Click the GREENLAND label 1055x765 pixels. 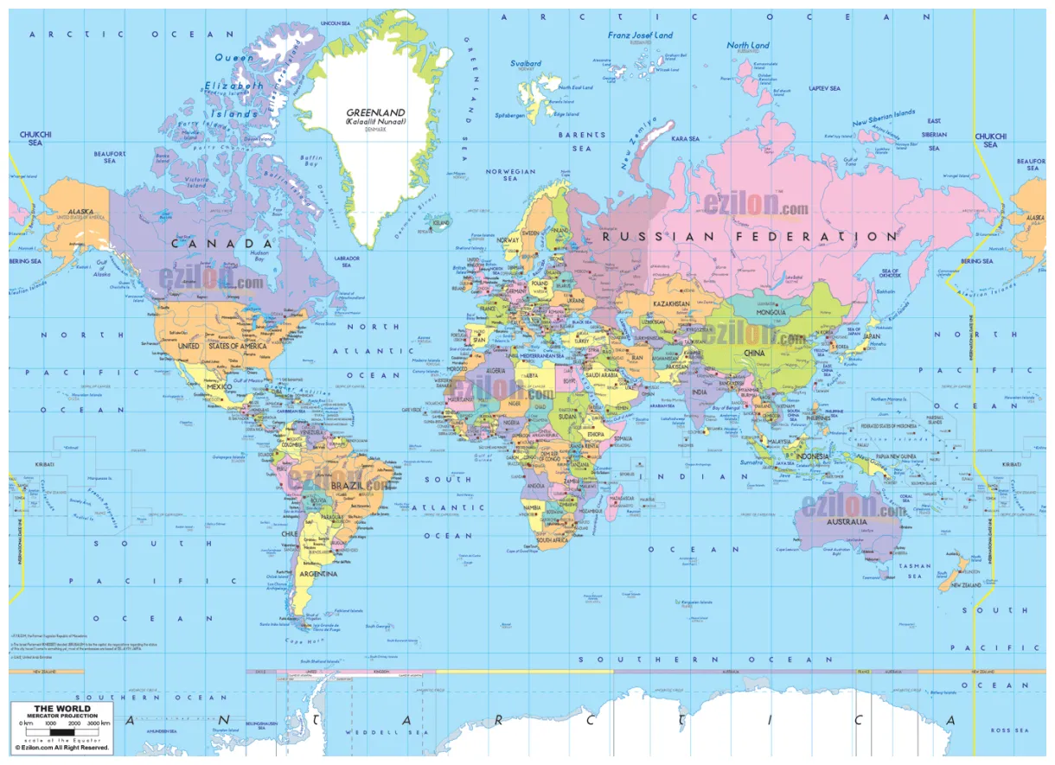(375, 112)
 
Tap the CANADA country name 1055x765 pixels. (222, 244)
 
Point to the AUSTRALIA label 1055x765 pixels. (846, 522)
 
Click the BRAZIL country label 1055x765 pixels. (347, 487)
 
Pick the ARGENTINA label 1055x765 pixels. (317, 574)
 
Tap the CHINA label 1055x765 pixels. (754, 353)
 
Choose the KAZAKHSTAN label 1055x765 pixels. (671, 305)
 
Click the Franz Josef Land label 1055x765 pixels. (640, 35)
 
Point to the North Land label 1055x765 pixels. (748, 45)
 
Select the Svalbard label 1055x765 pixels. (526, 63)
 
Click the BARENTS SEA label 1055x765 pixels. (582, 141)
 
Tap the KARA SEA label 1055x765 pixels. (685, 138)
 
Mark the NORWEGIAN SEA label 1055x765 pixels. (511, 175)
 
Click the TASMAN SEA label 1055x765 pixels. (915, 571)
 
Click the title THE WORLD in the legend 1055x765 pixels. (61, 709)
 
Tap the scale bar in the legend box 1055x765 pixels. (61, 731)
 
